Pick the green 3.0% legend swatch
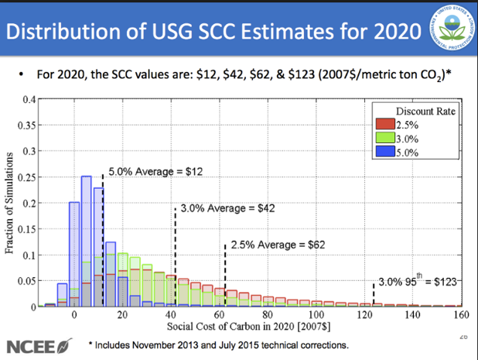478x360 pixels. [384, 138]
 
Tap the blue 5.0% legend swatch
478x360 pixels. [384, 151]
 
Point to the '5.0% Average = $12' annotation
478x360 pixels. [155, 170]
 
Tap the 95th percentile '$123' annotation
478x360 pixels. [421, 282]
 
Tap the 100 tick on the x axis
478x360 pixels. [316, 315]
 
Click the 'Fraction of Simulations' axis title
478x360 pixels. [10, 203]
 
